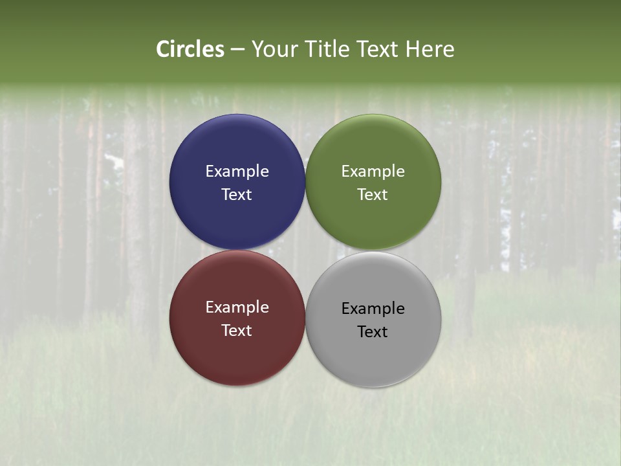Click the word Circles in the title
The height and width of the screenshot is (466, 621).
[x=190, y=49]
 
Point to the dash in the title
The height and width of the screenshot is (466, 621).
[x=237, y=50]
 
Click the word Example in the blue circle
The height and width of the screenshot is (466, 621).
[x=237, y=172]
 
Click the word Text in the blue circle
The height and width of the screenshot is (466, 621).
[x=237, y=195]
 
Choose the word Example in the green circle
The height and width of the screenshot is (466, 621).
[x=373, y=172]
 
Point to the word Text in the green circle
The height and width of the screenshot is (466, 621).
[x=373, y=195]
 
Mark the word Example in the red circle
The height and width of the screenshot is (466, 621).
[x=237, y=307]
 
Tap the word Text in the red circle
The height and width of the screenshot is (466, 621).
[x=237, y=331]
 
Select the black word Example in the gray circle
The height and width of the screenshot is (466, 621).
[x=373, y=309]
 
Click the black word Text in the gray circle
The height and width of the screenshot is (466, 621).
[x=373, y=332]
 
